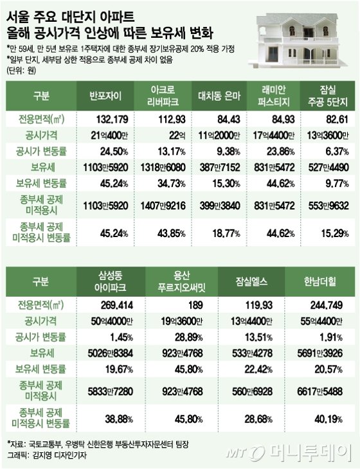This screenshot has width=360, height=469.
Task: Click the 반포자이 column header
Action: (105, 96)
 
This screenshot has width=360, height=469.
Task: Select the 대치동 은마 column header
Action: (219, 96)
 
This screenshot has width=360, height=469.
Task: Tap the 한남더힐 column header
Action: (320, 281)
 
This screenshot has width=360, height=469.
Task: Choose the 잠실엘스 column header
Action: (251, 281)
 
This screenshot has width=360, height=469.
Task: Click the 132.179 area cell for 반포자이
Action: (112, 119)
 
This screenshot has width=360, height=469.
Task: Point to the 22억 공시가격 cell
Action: (177, 136)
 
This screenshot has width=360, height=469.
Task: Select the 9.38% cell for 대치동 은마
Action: (228, 152)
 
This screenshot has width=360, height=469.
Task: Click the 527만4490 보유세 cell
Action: (328, 167)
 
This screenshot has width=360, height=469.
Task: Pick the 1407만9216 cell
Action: (163, 206)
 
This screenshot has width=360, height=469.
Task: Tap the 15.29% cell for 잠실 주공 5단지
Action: (335, 233)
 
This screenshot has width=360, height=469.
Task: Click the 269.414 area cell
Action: (117, 305)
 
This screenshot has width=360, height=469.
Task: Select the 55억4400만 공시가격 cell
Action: (321, 321)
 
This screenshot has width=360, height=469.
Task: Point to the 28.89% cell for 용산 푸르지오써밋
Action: (189, 337)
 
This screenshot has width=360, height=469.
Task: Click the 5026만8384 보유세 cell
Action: (111, 353)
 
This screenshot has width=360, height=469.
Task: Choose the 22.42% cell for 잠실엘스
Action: (258, 369)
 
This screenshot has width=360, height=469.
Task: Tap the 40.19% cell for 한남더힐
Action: (328, 419)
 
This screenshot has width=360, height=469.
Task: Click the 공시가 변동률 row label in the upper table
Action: (41, 152)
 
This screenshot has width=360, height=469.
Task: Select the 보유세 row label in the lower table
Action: (42, 353)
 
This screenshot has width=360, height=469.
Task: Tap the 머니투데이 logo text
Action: (310, 452)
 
